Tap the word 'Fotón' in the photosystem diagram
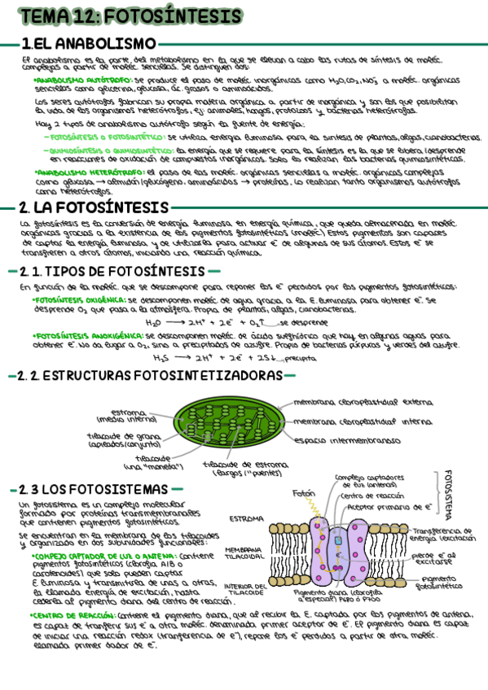[x=304, y=493]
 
